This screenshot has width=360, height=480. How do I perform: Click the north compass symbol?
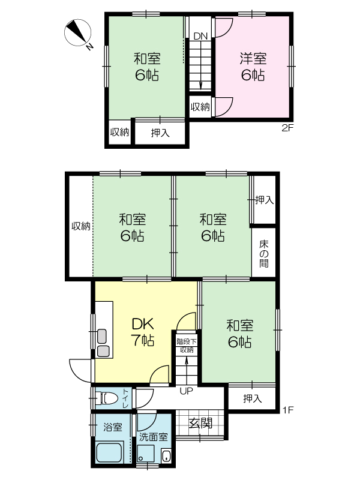coord(78,34)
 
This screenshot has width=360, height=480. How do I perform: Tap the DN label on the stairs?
coord(200,36)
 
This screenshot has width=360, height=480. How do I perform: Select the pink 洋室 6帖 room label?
coord(253,67)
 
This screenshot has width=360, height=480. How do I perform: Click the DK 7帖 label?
coord(143,332)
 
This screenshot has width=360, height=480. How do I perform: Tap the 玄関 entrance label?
coord(200,424)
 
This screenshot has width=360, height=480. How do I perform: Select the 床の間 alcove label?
coord(264,254)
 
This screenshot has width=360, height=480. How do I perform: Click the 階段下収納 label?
coord(187,346)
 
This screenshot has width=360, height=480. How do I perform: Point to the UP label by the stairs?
coord(186,391)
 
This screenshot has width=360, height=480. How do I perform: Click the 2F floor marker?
coord(287,128)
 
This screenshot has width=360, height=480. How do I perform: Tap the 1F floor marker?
coord(288,410)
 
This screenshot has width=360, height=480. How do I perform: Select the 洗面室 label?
coord(154,437)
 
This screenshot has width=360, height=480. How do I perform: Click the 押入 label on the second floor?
coord(160,133)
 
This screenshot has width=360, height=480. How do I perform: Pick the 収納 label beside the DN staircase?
coord(200,107)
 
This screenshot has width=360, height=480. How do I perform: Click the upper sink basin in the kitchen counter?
coord(102,336)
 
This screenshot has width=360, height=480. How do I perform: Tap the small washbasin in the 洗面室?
coord(166,455)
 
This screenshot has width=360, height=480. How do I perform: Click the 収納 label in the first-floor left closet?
coord(81,226)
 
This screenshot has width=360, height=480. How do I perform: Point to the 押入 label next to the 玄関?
coord(253,398)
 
